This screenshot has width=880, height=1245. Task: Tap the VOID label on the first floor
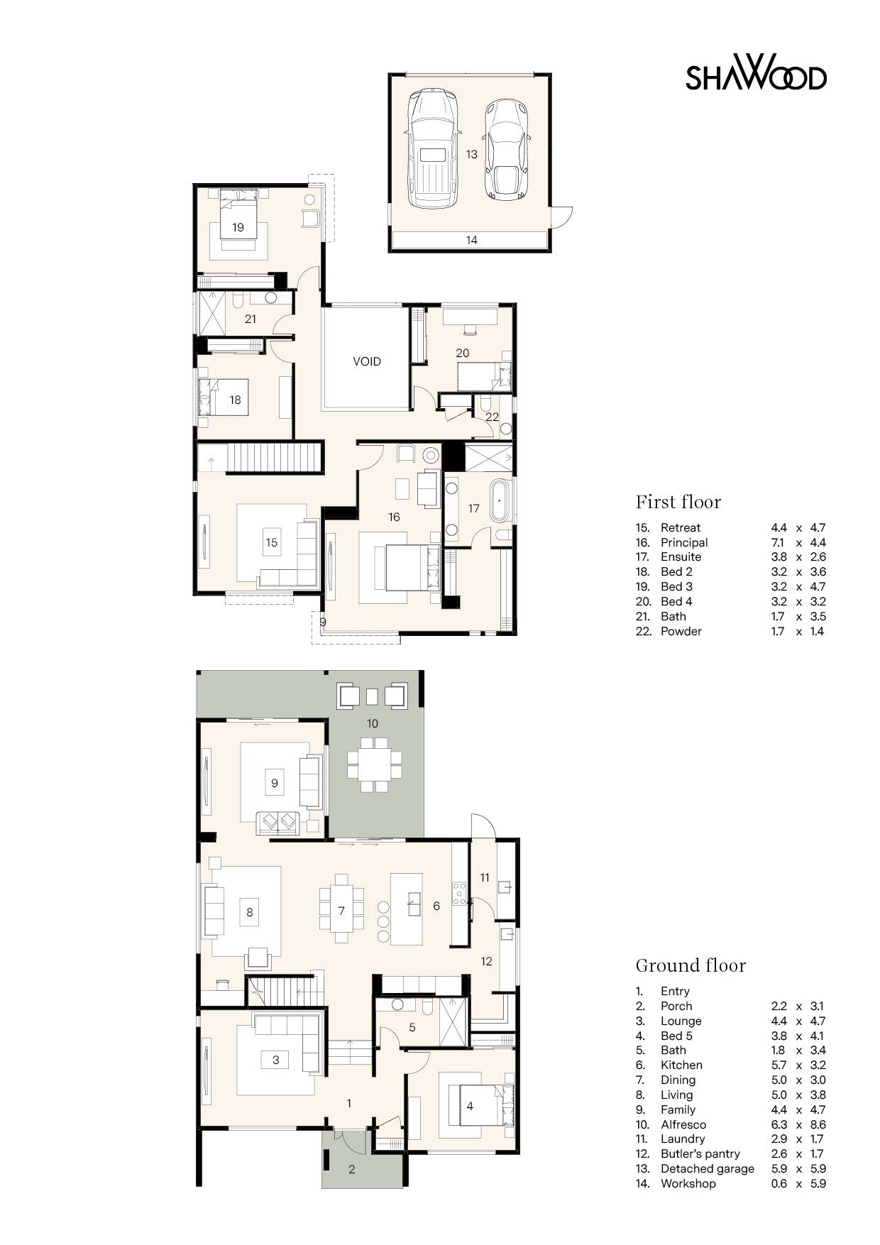pyautogui.click(x=367, y=361)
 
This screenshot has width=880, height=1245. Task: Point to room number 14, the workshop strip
pyautogui.click(x=471, y=240)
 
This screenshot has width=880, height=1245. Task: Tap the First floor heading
pyautogui.click(x=678, y=502)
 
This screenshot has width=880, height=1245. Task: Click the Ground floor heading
pyautogui.click(x=690, y=965)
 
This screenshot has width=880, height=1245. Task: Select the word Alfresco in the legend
pyautogui.click(x=683, y=1124)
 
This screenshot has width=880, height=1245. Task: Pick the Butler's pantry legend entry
pyautogui.click(x=700, y=1153)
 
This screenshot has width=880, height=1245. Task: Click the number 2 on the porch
pyautogui.click(x=351, y=1169)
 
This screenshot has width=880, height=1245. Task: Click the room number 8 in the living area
pyautogui.click(x=249, y=912)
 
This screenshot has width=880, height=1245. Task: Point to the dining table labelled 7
pyautogui.click(x=341, y=911)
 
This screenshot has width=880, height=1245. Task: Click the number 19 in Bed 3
pyautogui.click(x=238, y=227)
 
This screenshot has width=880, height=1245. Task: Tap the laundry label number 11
pyautogui.click(x=485, y=877)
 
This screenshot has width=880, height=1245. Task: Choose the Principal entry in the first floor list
pyautogui.click(x=683, y=542)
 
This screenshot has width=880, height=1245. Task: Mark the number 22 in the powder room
pyautogui.click(x=492, y=417)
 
